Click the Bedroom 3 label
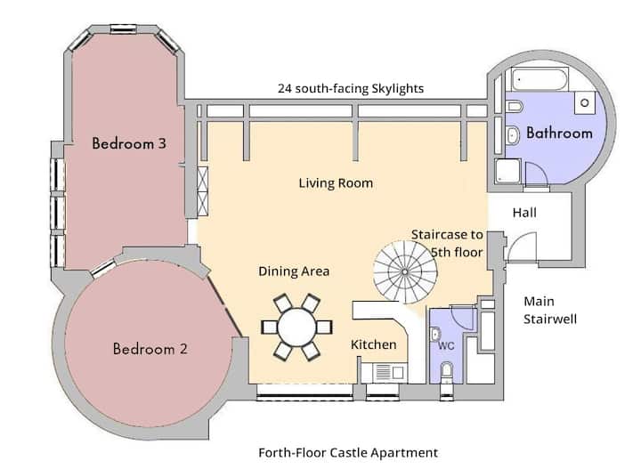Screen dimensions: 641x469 coord(129,143)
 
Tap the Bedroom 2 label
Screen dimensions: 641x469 coord(150,349)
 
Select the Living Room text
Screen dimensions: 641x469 coord(336,183)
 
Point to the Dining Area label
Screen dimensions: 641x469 coord(294,271)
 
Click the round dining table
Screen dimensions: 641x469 coord(296,327)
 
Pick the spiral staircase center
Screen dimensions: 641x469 coord(405,271)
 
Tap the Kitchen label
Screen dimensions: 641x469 coord(373,344)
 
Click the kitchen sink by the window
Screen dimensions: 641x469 coord(384,373)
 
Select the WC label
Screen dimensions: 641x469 coord(446,346)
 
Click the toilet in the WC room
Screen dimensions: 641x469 coord(447,373)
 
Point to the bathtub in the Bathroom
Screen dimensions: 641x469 coord(540,79)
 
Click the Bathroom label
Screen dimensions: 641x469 coord(559,133)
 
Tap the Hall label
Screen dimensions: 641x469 coord(524,213)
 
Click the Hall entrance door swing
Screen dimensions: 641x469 coord(522,247)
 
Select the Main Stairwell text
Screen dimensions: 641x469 coord(550,310)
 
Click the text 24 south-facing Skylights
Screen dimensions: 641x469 coord(351,89)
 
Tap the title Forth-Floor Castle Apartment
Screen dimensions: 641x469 coord(348,453)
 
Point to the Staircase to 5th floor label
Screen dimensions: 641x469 coord(447,244)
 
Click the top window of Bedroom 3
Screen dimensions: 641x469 coord(123,28)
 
